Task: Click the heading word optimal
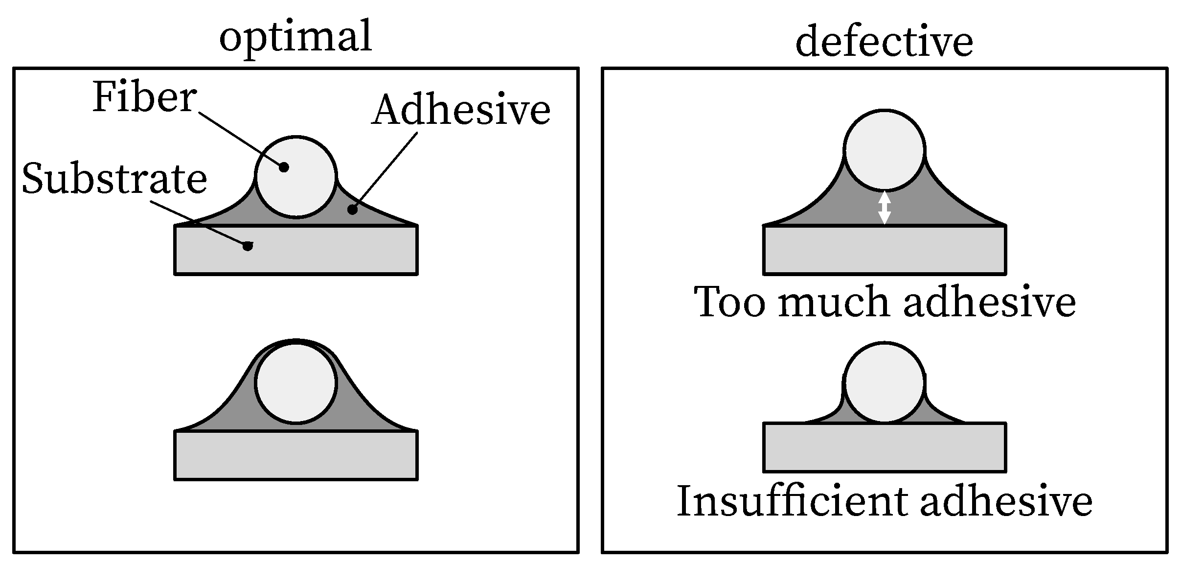coord(295,37)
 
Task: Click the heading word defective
coord(884,42)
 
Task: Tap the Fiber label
coord(144,97)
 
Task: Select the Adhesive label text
coord(461,110)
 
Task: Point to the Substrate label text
coord(114,179)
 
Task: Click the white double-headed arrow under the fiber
coord(884,208)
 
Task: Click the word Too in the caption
coord(729,302)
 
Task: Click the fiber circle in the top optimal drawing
coord(296,177)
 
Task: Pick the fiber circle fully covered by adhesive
coord(296,382)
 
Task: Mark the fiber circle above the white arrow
coord(885,150)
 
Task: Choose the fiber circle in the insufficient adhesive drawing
coord(885,382)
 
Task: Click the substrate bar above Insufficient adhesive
coord(885,447)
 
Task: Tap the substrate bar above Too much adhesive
coord(885,250)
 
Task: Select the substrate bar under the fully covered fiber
coord(296,455)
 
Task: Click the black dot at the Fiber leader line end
coord(284,167)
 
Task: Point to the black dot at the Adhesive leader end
coord(352,210)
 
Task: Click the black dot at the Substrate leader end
coord(248,246)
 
